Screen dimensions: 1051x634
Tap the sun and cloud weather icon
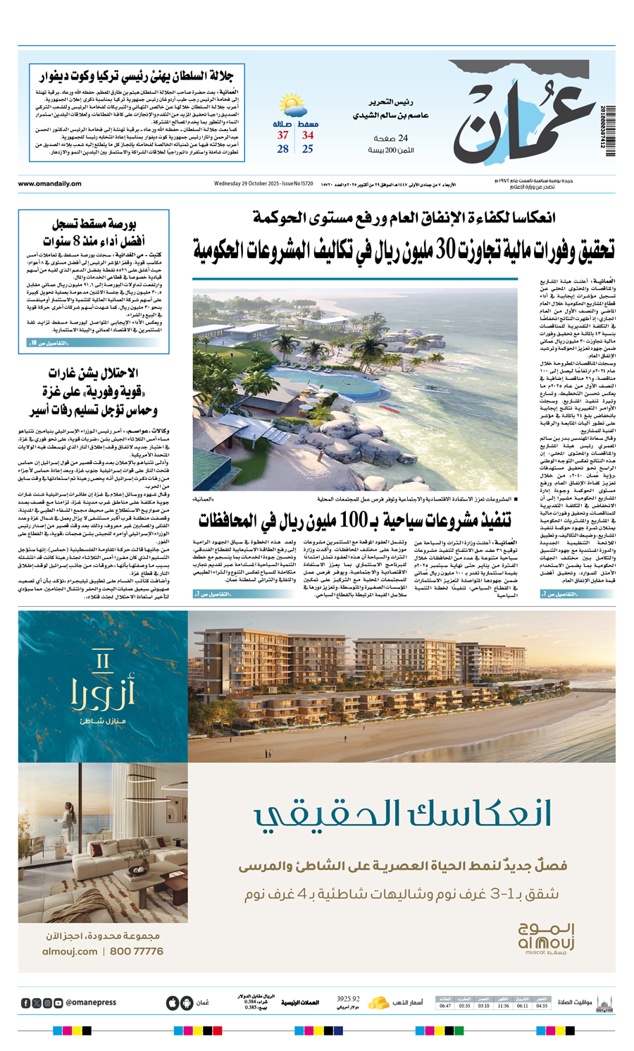point(292,106)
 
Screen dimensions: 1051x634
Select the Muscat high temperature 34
point(308,135)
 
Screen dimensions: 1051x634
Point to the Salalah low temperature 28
point(282,149)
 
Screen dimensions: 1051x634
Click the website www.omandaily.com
point(49,184)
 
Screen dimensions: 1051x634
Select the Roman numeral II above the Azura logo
point(103,661)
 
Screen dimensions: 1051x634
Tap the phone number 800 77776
point(137,952)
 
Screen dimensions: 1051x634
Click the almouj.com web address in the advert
point(69,952)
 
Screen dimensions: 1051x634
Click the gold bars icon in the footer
point(380,1002)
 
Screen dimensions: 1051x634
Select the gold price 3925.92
point(348,999)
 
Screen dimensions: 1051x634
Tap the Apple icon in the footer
point(172,1003)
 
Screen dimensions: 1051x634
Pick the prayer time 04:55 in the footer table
point(541,1006)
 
